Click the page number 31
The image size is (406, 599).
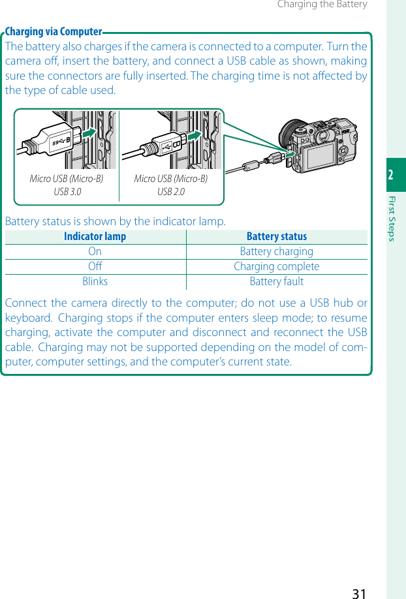(358, 592)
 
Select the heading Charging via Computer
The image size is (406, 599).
(54, 32)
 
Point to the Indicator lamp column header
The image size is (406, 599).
(95, 237)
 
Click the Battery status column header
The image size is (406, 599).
(276, 237)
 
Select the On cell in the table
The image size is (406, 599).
(95, 252)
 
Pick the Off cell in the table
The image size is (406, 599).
(95, 267)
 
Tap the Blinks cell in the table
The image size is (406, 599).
(95, 282)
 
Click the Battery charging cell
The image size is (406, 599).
(276, 252)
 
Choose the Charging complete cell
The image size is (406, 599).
(276, 267)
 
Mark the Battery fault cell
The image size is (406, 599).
(276, 282)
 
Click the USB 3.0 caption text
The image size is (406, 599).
(67, 191)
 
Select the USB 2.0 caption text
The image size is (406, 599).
(171, 191)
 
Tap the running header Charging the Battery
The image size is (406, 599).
(322, 5)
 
